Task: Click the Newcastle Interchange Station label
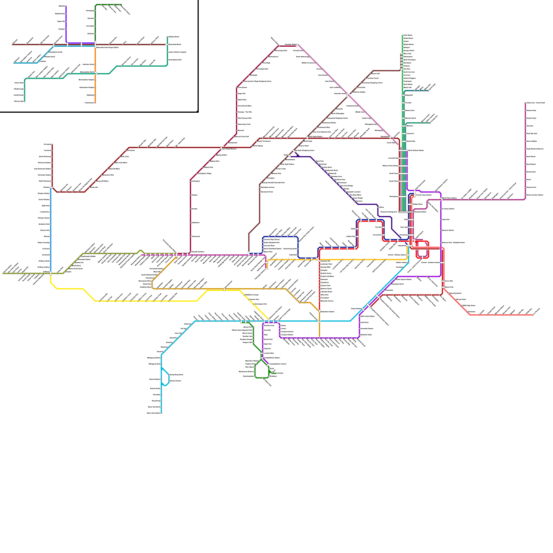pos(107,47)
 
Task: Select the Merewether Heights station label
pos(86,80)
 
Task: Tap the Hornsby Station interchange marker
pos(297,45)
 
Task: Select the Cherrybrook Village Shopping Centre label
pos(257,81)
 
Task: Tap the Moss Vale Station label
pos(153,413)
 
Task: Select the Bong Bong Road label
pos(176,375)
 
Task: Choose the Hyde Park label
pos(446,219)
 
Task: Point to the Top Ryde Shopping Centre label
pos(305,150)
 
